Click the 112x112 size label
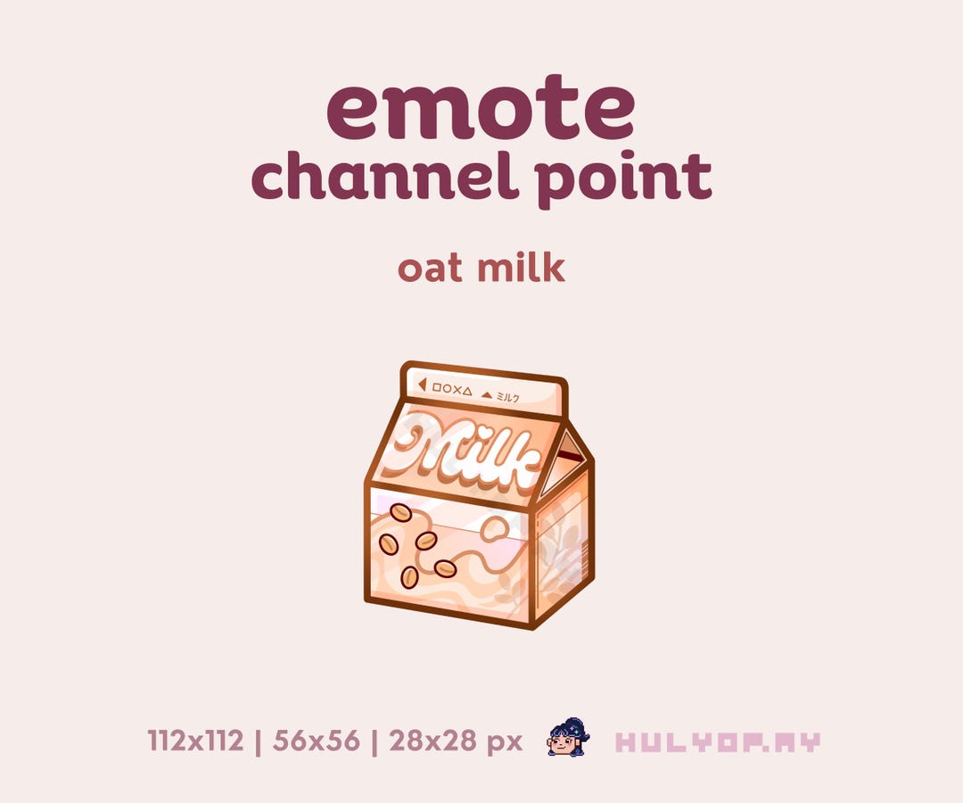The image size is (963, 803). pyautogui.click(x=195, y=741)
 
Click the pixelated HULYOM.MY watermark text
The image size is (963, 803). pyautogui.click(x=718, y=741)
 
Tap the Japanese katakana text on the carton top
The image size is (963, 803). pyautogui.click(x=507, y=397)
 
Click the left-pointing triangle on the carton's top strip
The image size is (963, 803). pyautogui.click(x=422, y=385)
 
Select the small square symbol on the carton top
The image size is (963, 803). pyautogui.click(x=438, y=388)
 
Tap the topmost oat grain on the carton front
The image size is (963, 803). pyautogui.click(x=401, y=513)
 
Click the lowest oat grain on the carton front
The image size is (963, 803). pyautogui.click(x=409, y=577)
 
